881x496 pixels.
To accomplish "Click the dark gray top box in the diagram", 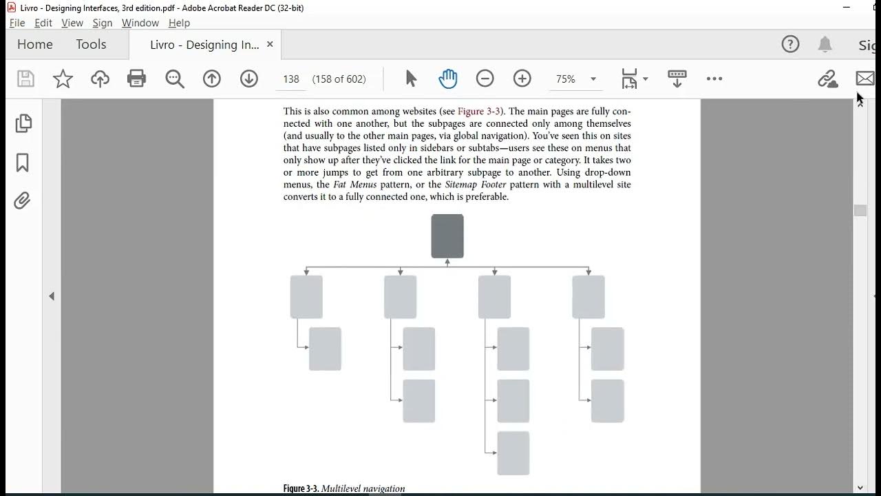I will (447, 236).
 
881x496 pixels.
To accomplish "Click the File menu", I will (17, 23).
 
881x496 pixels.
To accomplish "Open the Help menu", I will (179, 23).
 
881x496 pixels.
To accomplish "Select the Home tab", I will (35, 45).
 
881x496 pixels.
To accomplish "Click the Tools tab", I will (91, 45).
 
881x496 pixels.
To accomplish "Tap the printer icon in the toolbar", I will (137, 79).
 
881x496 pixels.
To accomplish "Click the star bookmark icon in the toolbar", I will (63, 79).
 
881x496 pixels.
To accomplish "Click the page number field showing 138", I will (291, 79).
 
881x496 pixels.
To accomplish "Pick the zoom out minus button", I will (485, 79).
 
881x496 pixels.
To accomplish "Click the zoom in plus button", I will (522, 79).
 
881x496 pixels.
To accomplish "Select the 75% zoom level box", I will (566, 79).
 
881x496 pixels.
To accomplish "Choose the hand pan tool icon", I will (448, 79).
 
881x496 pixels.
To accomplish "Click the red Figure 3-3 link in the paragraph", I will (480, 112).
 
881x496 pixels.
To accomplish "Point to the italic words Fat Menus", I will (354, 185).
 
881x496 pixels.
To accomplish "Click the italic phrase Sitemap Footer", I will (476, 185).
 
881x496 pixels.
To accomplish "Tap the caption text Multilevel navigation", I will (363, 489).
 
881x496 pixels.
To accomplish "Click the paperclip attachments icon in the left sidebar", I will (23, 200).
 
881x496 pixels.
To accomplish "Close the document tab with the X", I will (270, 44).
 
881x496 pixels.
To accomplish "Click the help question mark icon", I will (790, 45).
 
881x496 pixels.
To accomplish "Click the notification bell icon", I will (825, 45).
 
